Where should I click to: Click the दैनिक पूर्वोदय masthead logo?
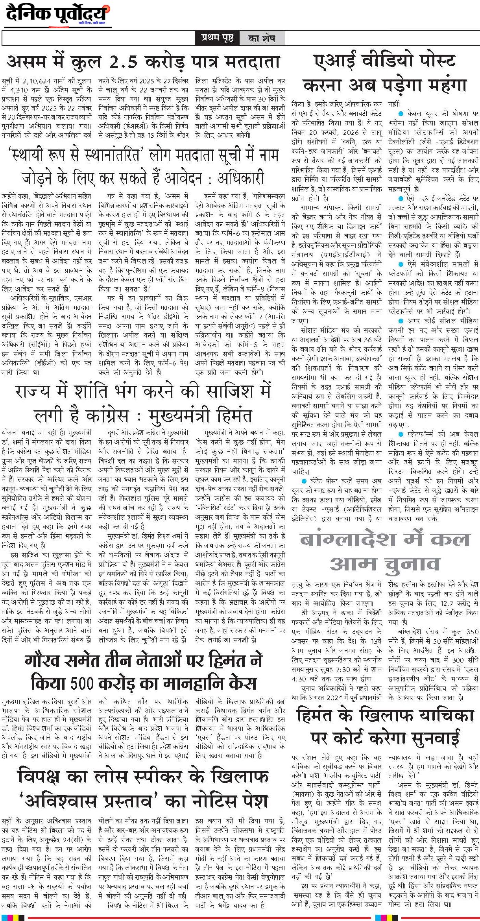coord(57,15)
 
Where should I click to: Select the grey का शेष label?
coord(262,39)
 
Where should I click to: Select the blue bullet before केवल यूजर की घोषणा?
coord(401,114)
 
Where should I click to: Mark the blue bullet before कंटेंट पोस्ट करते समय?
coord(304,481)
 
